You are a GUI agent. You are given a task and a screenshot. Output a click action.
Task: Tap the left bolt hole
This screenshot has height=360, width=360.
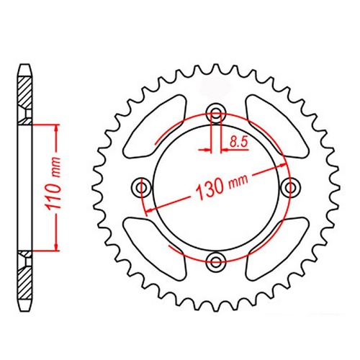tap(141, 187)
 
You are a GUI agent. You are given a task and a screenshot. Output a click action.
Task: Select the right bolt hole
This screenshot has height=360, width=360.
tap(290, 187)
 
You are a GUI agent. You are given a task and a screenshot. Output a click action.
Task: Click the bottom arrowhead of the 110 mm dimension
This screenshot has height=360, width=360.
tap(55, 246)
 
